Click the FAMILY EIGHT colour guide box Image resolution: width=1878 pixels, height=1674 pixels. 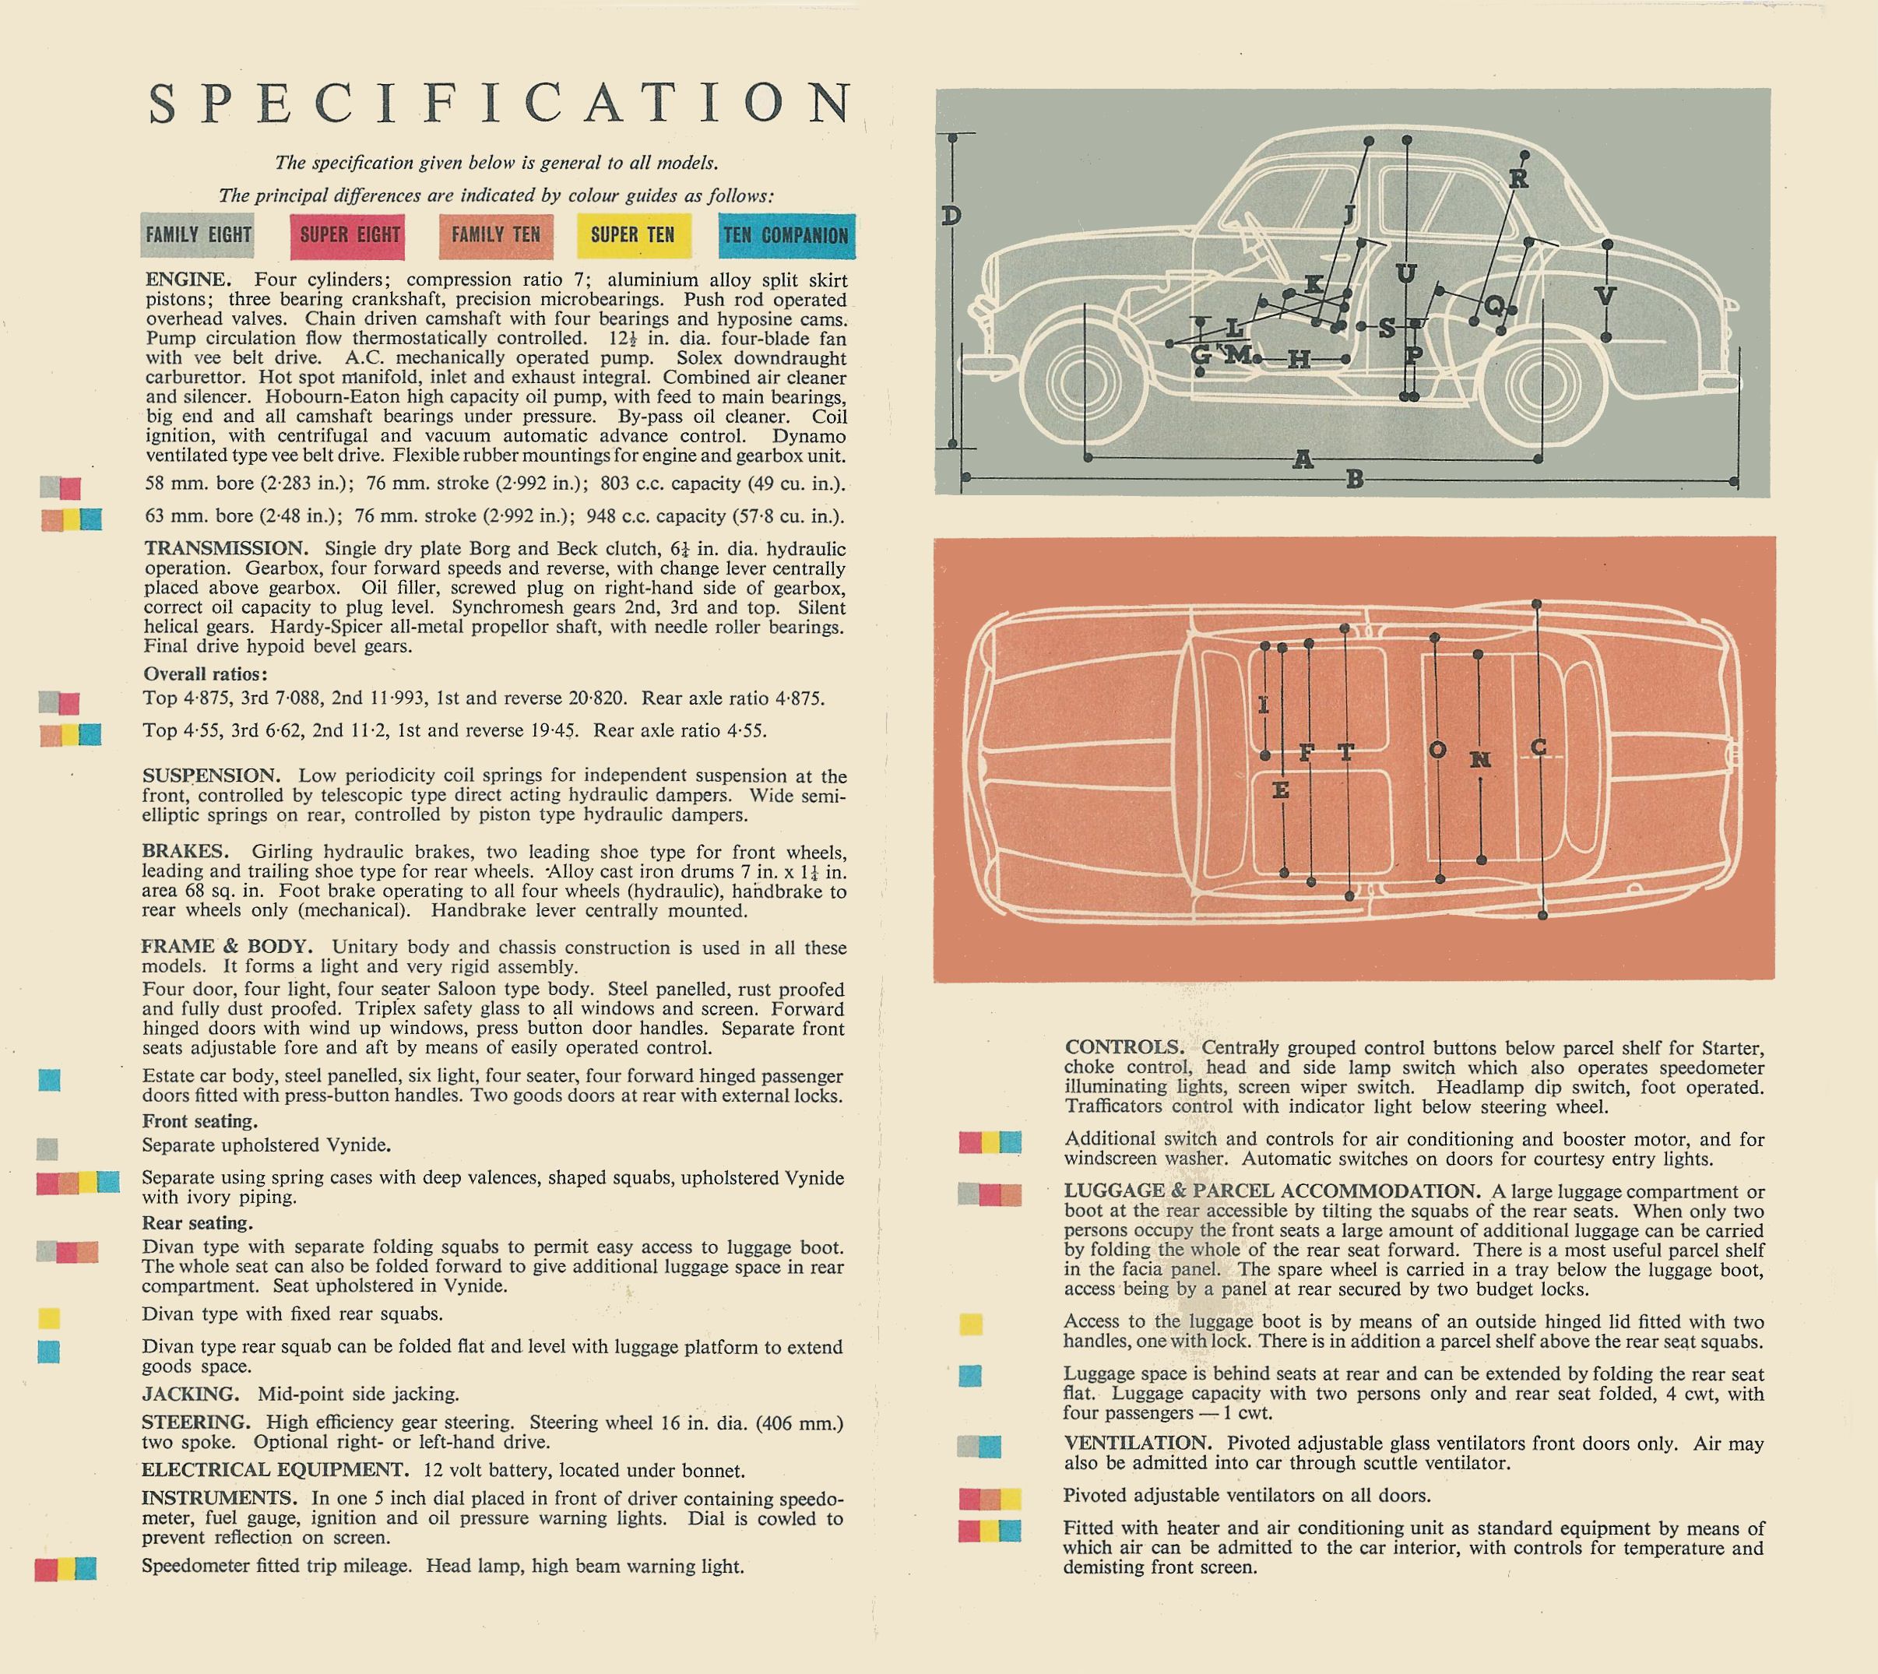tap(198, 235)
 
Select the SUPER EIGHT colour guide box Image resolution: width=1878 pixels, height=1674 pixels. tap(346, 235)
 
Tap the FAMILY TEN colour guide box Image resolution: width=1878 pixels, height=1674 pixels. tap(496, 235)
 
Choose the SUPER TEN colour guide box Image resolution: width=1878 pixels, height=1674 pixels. tap(634, 235)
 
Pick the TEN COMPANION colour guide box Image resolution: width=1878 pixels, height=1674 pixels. tap(786, 235)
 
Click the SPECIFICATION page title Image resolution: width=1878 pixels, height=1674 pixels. tap(501, 102)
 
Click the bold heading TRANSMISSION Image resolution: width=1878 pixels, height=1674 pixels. tap(224, 548)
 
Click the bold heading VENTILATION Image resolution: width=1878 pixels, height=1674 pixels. tap(1138, 1443)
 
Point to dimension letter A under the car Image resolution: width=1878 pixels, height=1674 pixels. tap(1303, 459)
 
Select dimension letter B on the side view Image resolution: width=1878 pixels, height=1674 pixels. tap(1354, 479)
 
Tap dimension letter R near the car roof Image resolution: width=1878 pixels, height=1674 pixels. tap(1518, 178)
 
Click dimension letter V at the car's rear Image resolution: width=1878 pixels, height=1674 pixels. tap(1605, 295)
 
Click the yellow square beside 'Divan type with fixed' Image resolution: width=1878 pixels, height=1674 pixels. tap(49, 1318)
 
